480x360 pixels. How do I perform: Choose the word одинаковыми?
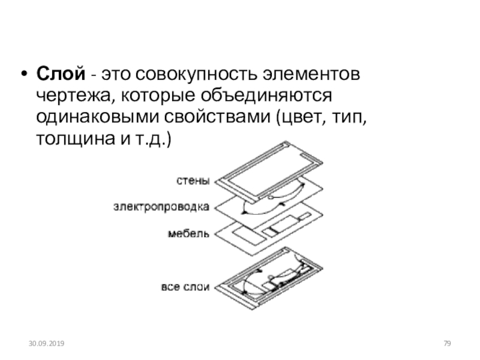click(x=84, y=118)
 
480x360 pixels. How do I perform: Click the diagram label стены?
click(x=193, y=179)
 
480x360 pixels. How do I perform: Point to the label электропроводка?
click(x=161, y=207)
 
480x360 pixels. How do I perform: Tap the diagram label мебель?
click(x=188, y=233)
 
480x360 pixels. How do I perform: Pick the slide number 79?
click(x=446, y=343)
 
